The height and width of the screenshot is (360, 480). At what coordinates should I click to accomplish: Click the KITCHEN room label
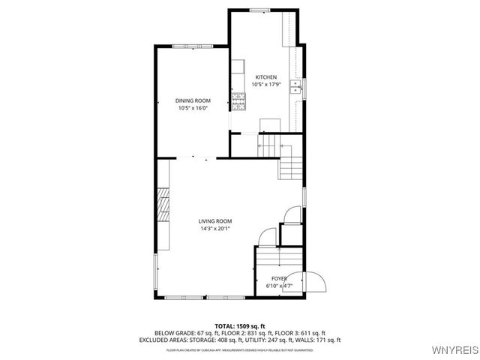(266, 77)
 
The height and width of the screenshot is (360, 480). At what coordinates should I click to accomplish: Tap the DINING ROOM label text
(193, 100)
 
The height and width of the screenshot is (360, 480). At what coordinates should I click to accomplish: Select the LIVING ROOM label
(214, 221)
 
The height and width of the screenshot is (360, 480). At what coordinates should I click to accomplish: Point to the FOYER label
(278, 278)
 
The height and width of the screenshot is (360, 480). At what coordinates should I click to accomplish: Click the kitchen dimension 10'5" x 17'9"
(266, 85)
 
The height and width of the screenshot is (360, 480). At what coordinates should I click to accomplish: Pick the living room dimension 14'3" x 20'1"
(214, 229)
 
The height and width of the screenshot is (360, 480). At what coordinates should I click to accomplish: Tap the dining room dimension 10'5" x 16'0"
(193, 108)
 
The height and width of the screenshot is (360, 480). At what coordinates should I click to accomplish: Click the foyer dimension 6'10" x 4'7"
(278, 286)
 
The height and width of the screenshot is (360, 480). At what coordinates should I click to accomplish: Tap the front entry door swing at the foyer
(316, 281)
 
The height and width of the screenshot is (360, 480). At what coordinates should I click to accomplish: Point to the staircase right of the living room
(291, 164)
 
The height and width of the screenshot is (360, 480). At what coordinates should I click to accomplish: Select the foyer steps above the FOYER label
(278, 259)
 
